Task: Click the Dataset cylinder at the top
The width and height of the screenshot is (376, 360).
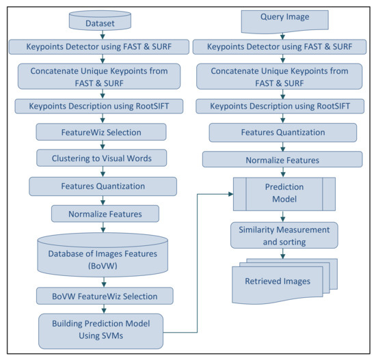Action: [x=100, y=20]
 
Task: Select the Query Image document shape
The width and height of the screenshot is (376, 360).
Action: [x=284, y=21]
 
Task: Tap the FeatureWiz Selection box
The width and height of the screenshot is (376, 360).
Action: [x=101, y=132]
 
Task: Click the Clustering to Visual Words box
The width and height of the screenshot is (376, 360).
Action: [x=102, y=158]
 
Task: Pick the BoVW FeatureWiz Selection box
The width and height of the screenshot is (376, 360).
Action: [x=105, y=296]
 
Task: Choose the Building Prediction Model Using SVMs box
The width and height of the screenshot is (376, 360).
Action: [x=101, y=331]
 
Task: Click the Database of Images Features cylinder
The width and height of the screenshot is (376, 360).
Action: [x=103, y=255]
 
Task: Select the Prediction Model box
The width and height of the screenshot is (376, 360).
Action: [x=284, y=194]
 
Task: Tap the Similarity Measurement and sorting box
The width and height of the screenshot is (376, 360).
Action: [x=284, y=236]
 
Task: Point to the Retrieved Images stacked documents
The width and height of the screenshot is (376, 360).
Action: [x=284, y=281]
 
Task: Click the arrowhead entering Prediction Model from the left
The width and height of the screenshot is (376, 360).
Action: [x=230, y=194]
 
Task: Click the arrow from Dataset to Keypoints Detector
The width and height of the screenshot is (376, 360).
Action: [x=103, y=35]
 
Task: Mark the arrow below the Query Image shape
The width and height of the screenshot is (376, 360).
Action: [x=283, y=36]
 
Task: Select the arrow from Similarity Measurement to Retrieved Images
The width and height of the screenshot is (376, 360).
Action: [x=283, y=253]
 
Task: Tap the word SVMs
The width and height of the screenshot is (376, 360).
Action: [x=113, y=336]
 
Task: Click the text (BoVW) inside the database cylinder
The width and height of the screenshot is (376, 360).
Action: [x=103, y=266]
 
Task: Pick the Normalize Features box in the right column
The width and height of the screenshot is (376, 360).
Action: [x=282, y=159]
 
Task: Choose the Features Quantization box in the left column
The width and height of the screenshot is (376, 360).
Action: [x=103, y=186]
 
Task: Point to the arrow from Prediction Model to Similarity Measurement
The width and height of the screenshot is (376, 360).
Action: [x=283, y=217]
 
